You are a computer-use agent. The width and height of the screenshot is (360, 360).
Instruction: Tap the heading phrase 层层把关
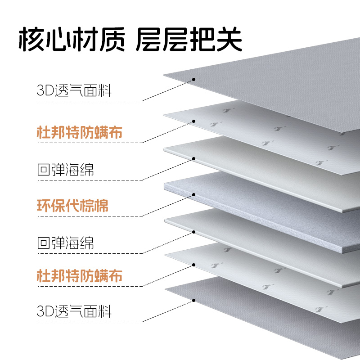[189, 40]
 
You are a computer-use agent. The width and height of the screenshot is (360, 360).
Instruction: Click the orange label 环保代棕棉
[72, 205]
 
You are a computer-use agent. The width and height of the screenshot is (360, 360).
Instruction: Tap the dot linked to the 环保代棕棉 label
[193, 195]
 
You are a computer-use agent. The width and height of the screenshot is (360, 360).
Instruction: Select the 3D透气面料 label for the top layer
[74, 91]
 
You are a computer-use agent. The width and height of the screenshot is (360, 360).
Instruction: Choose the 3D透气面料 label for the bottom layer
[74, 310]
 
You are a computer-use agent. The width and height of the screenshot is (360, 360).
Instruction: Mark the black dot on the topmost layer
[193, 80]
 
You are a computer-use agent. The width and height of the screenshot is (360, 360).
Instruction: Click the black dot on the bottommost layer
[193, 300]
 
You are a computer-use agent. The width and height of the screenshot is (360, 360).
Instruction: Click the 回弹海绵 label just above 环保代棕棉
[65, 170]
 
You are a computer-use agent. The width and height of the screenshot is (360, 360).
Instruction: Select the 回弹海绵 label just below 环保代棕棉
[65, 243]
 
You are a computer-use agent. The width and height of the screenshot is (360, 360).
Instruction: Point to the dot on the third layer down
[193, 158]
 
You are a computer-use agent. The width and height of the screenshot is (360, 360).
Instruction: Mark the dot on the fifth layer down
[193, 232]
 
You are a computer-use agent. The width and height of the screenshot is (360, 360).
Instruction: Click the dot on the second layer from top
[193, 121]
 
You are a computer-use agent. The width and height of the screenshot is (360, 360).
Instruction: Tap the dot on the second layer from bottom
[193, 265]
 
